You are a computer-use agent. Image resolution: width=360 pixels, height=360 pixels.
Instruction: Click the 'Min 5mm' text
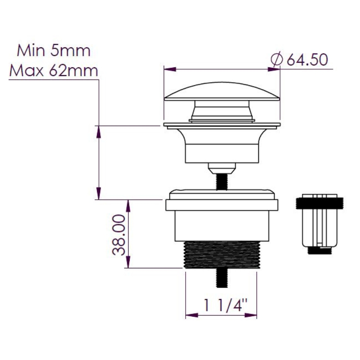coord(54,51)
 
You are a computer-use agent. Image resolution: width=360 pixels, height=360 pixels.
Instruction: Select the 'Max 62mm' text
coord(54,71)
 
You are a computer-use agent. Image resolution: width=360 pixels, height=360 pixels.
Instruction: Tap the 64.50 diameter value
coord(307,60)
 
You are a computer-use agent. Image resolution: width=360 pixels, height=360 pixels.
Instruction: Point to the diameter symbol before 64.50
coord(276,60)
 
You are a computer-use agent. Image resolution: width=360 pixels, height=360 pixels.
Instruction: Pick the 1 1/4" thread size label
coord(225,305)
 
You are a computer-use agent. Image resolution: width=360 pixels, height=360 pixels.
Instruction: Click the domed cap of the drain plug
coord(222,91)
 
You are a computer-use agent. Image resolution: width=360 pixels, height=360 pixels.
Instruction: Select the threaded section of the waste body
coord(222,255)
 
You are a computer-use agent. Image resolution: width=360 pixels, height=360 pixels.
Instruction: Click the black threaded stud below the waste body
coord(222,278)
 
